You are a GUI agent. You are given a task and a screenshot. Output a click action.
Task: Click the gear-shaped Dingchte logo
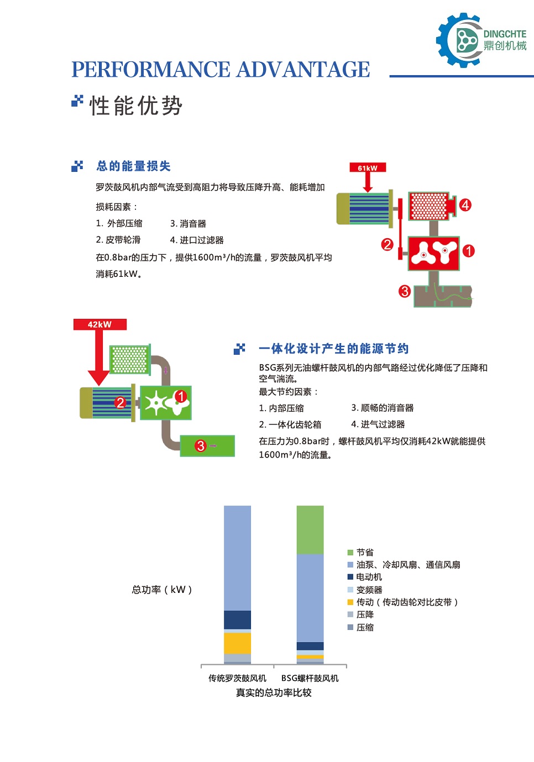tap(460, 40)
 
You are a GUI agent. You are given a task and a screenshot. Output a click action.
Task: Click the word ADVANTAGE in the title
tap(303, 70)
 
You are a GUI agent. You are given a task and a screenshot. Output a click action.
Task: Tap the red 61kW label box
tap(368, 167)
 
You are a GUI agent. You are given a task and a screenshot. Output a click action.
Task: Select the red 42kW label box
tap(100, 324)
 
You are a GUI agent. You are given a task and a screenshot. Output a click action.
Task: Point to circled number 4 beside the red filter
tap(465, 205)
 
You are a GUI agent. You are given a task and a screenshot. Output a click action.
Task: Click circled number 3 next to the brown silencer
tap(404, 291)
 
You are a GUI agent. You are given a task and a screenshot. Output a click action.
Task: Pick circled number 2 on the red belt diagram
tap(387, 244)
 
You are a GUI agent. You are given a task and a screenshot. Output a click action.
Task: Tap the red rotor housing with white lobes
tap(433, 254)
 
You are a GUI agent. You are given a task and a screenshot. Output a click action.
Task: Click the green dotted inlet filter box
tap(130, 360)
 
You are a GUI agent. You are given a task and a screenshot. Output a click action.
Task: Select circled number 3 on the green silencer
tap(201, 445)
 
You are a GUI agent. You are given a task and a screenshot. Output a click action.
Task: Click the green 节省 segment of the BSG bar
tap(310, 530)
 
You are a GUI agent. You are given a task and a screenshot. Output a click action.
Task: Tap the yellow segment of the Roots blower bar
tap(237, 643)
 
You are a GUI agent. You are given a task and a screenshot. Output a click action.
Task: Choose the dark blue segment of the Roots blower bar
tap(237, 620)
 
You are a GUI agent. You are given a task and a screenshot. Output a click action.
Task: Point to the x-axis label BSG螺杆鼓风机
tap(310, 678)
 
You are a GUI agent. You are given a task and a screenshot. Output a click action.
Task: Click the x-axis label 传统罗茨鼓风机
tap(237, 678)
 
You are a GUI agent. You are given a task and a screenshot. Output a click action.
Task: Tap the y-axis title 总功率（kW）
tap(162, 590)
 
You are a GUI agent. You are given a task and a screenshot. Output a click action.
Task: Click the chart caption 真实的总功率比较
tap(274, 692)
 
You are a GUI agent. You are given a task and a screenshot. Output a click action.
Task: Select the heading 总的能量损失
tap(133, 166)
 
